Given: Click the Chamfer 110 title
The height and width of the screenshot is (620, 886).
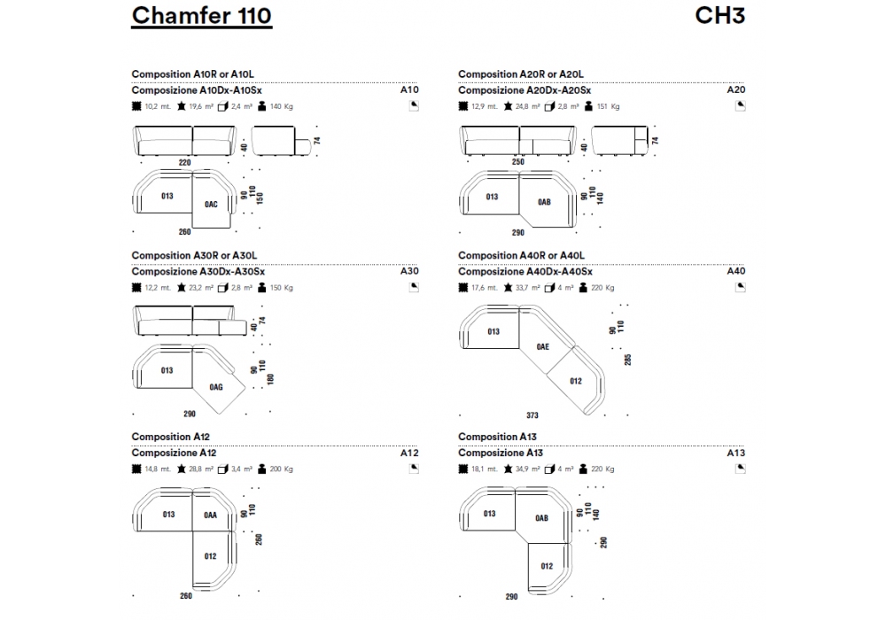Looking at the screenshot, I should pos(201,16).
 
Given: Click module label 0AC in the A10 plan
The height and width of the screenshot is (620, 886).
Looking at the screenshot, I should pos(210,203).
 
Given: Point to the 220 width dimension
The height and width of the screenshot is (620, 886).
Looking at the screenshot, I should pos(184,162).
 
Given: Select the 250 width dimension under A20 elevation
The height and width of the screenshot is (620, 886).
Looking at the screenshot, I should pos(518,162).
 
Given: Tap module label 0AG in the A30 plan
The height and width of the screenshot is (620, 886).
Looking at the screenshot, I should pos(215,387).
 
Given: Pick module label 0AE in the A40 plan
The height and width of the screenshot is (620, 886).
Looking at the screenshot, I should pos(542,347).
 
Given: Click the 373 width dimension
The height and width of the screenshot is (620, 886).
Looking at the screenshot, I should pos(532,415).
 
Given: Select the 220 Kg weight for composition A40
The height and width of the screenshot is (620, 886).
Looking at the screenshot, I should pos(603,288).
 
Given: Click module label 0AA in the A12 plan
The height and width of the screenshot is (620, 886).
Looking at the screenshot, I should pos(210,515).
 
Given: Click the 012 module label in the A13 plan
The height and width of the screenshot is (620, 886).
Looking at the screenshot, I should pos(547,566).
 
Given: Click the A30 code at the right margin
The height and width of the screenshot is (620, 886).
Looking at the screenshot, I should pos(409,272).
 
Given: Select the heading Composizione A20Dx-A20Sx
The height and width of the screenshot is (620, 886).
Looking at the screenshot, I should pos(525,90).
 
